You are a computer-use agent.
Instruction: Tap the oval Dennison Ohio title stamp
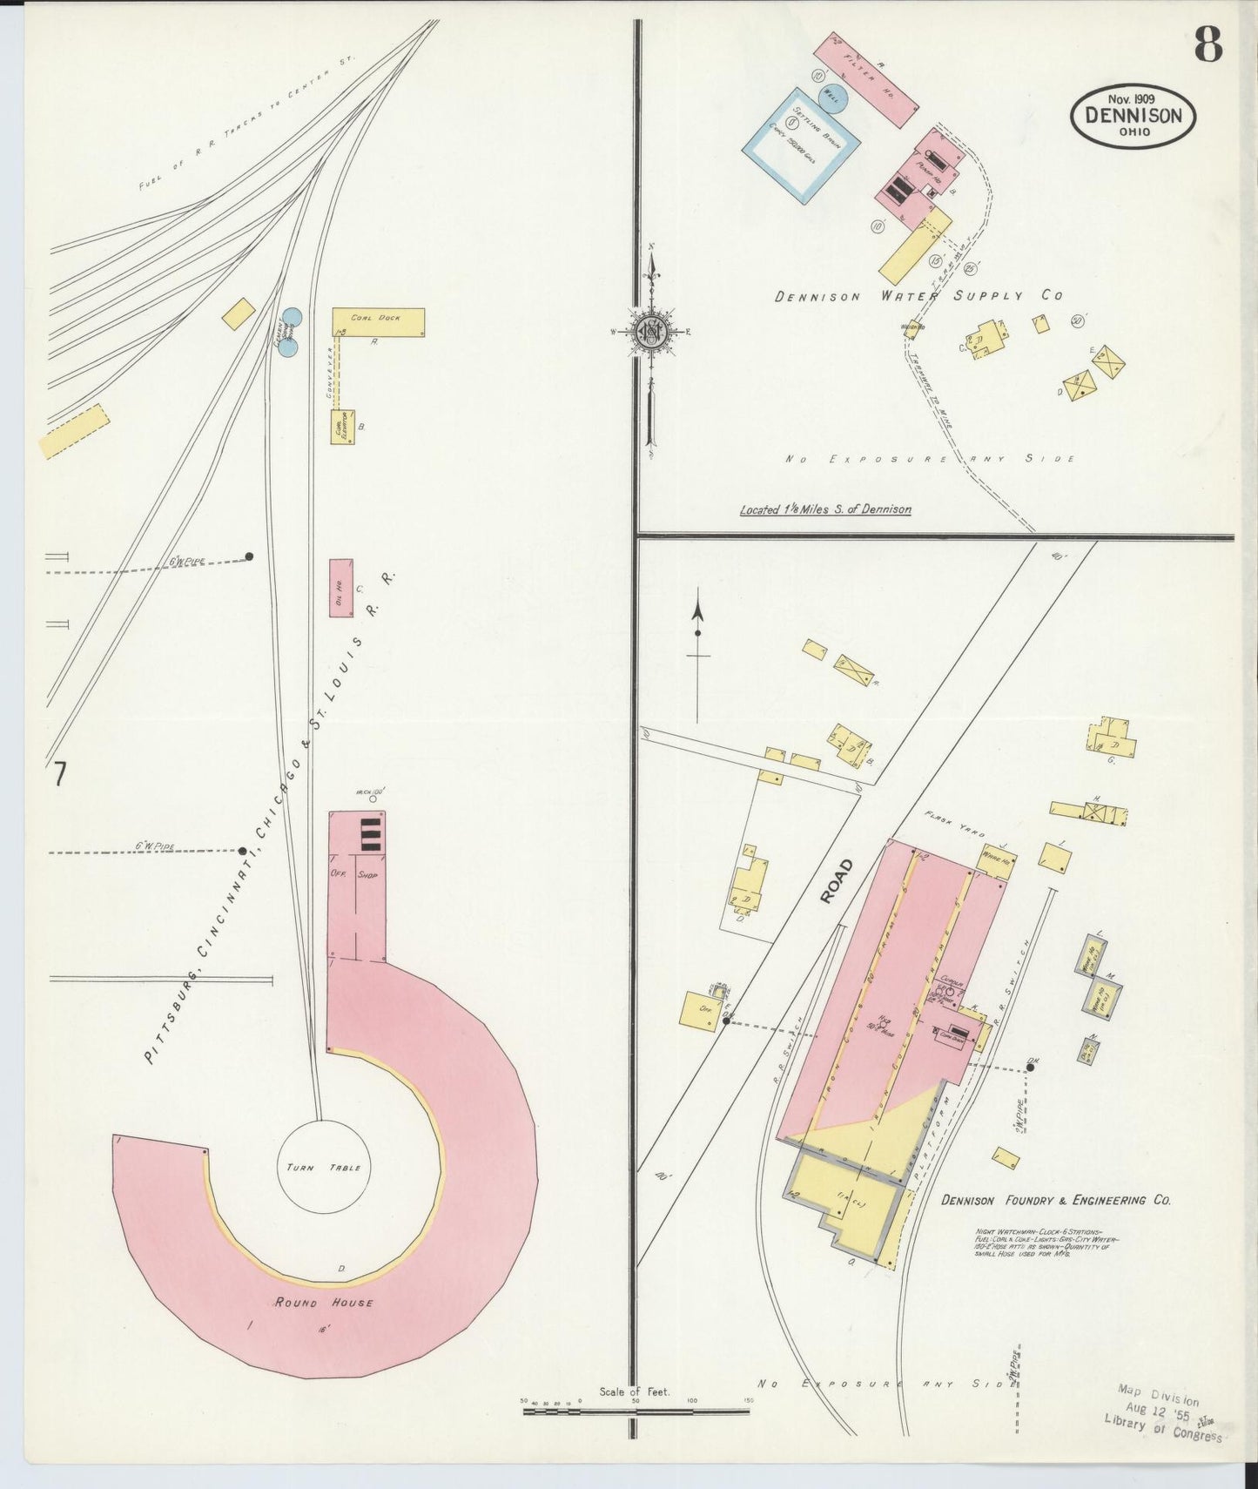coord(1133,117)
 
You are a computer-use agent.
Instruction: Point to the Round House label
coord(324,1303)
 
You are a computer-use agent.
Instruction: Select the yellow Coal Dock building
coord(378,322)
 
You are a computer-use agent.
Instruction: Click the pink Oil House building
coord(341,588)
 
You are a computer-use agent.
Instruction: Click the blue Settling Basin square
coord(796,145)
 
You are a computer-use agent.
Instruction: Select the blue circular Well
coord(831,99)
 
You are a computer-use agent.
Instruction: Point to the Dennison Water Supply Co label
coord(918,296)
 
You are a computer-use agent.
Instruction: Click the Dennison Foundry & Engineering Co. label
coord(1055,1200)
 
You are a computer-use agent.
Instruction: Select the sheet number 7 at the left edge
coord(59,773)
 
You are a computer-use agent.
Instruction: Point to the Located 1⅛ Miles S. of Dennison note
coord(825,509)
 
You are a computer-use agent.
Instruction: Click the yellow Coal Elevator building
coord(342,427)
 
